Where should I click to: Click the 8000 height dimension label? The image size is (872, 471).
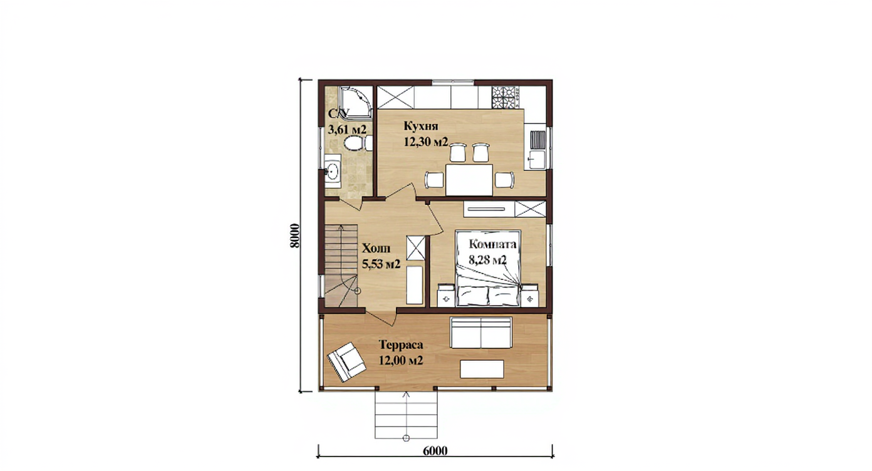pyautogui.click(x=294, y=236)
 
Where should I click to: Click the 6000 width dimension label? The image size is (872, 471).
pyautogui.click(x=435, y=451)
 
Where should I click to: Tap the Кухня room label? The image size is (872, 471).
pyautogui.click(x=421, y=126)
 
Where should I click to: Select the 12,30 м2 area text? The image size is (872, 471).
pyautogui.click(x=425, y=142)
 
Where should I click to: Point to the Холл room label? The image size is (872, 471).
pyautogui.click(x=376, y=249)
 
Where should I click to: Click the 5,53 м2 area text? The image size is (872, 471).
pyautogui.click(x=381, y=264)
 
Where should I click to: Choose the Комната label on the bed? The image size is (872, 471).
pyautogui.click(x=492, y=244)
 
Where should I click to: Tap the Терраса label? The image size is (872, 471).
pyautogui.click(x=401, y=345)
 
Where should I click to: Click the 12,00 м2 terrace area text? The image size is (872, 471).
pyautogui.click(x=401, y=361)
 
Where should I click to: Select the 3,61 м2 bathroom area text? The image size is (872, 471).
pyautogui.click(x=347, y=130)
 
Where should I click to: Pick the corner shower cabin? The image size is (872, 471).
pyautogui.click(x=356, y=102)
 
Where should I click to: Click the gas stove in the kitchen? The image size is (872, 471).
pyautogui.click(x=506, y=97)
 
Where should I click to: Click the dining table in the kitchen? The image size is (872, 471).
pyautogui.click(x=469, y=180)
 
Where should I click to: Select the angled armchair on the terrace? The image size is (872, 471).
pyautogui.click(x=346, y=361)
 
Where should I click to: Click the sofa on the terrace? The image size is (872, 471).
pyautogui.click(x=480, y=333)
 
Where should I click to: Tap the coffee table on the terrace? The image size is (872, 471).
pyautogui.click(x=482, y=369)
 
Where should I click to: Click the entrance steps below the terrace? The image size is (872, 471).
pyautogui.click(x=406, y=415)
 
